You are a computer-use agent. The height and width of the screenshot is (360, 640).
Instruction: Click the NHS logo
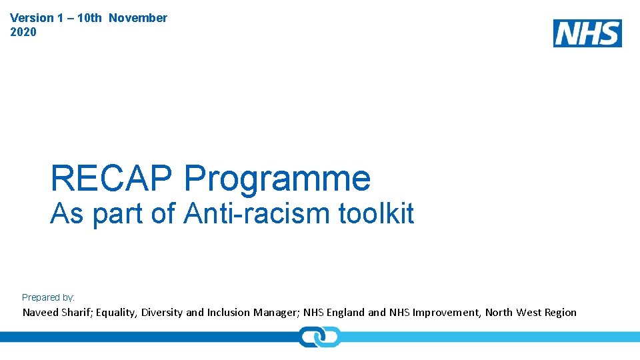(587, 33)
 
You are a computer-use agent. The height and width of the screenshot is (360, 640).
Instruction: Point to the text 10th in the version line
(89, 18)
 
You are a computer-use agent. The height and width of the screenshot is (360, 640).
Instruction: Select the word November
(138, 18)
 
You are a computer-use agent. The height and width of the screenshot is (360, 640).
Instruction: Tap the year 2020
(24, 32)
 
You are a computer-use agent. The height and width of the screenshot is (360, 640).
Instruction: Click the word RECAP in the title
(113, 179)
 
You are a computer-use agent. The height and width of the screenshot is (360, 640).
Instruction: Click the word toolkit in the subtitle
(377, 214)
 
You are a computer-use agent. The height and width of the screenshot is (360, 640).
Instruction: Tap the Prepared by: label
(48, 297)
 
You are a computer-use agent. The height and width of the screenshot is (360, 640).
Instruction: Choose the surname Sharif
(76, 313)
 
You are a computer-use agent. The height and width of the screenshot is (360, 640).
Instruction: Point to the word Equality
(117, 313)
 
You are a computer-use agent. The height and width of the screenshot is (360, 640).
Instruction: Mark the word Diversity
(162, 313)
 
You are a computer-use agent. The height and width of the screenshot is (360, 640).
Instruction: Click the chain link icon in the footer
(319, 337)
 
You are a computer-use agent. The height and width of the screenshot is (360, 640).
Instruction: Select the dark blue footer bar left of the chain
(147, 337)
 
